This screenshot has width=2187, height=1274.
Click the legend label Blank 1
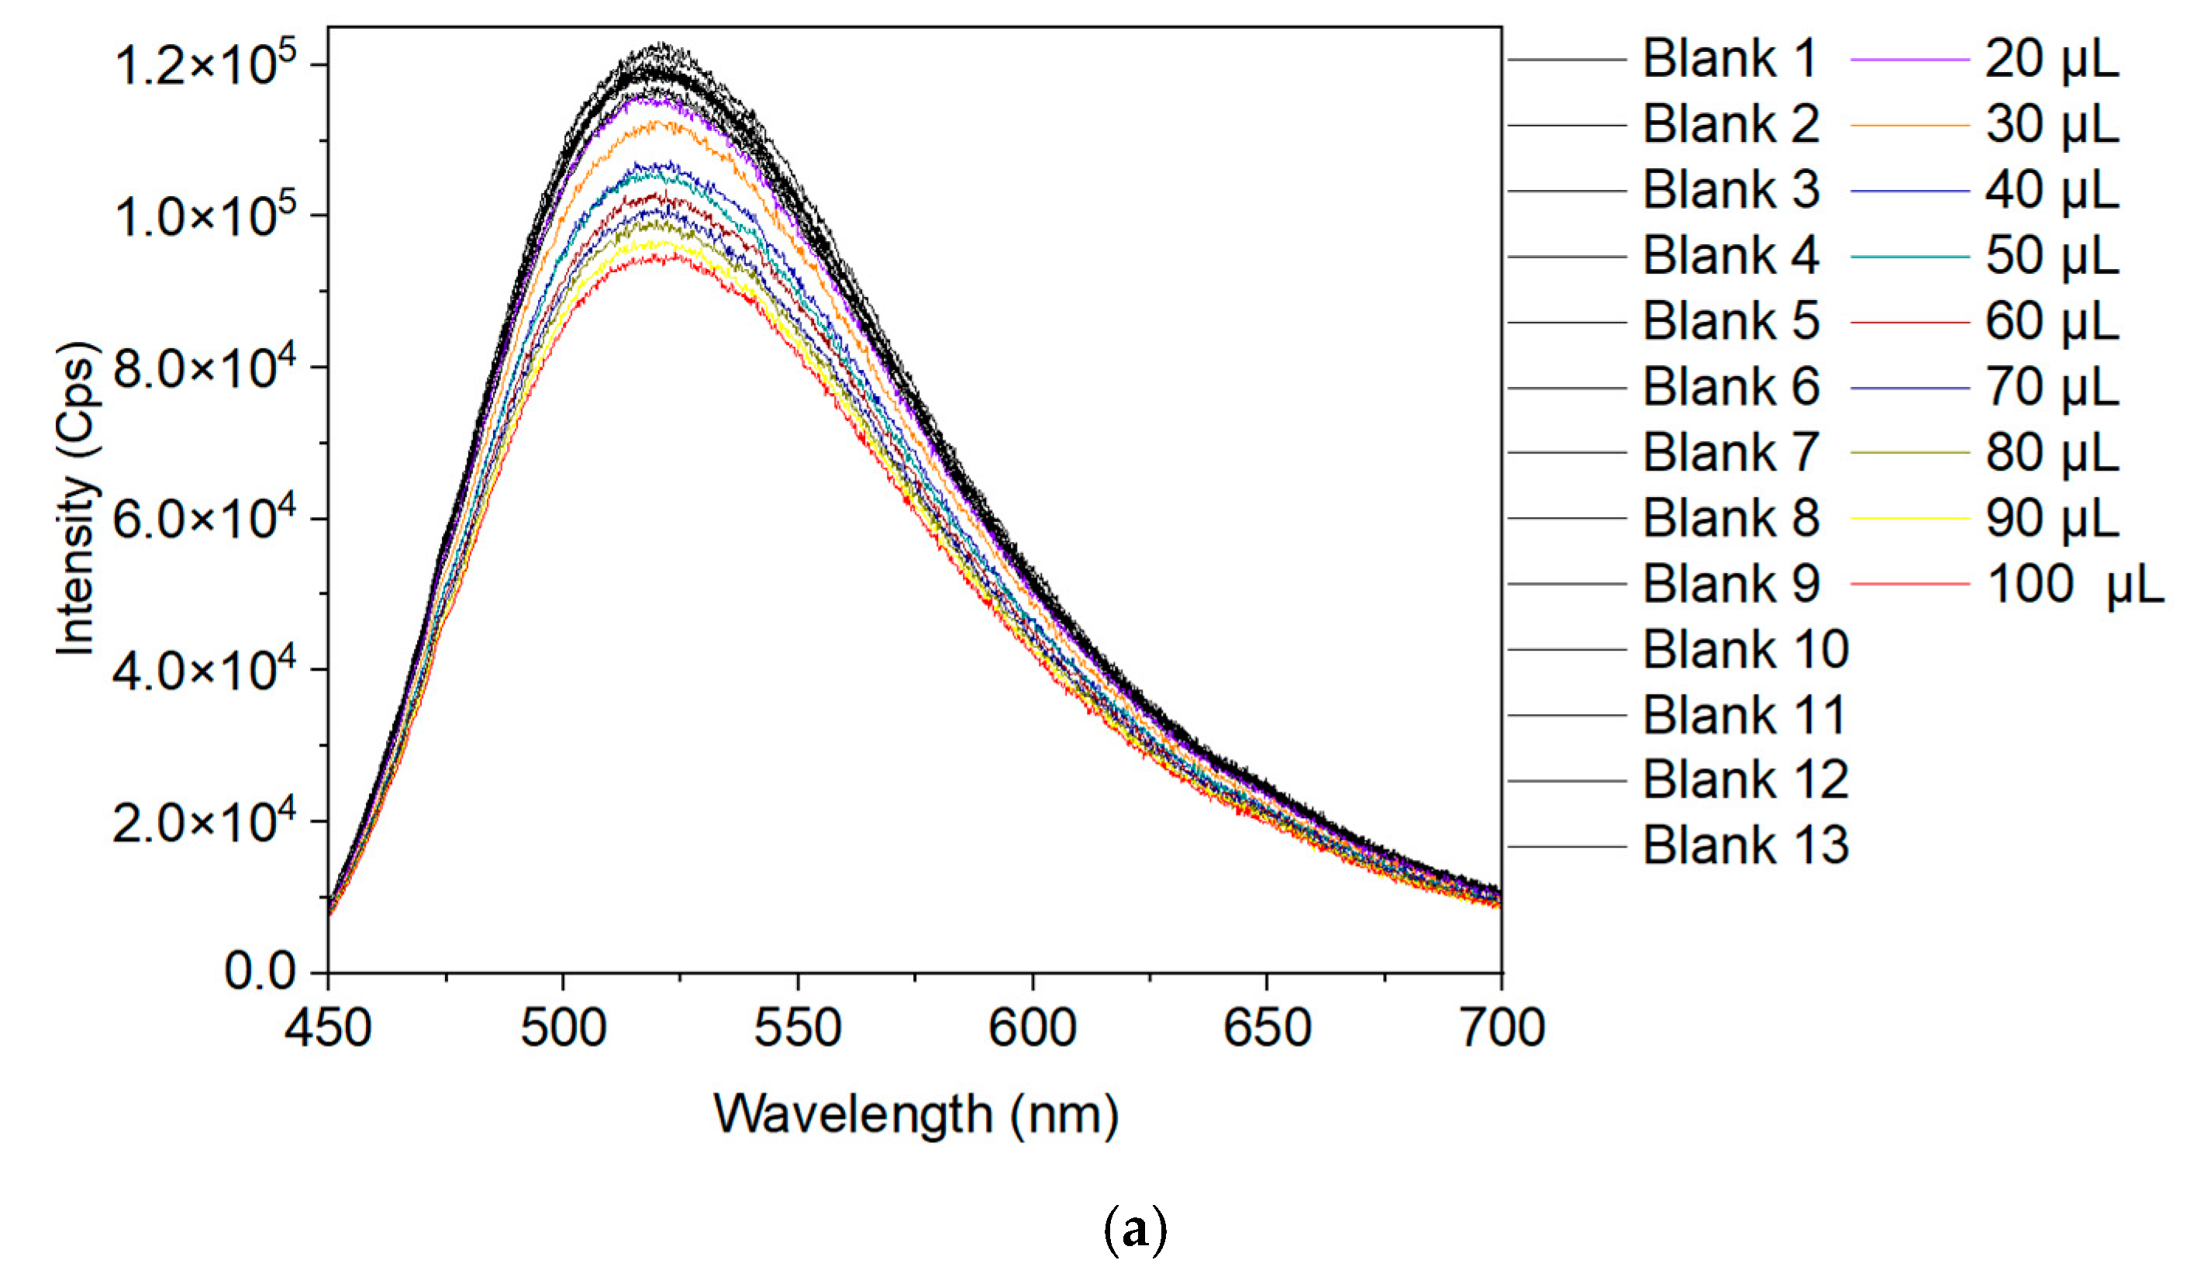point(1729,59)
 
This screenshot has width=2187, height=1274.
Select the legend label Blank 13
point(1745,845)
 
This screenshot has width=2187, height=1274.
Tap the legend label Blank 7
point(1730,452)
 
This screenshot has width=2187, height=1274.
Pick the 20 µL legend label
point(2051,59)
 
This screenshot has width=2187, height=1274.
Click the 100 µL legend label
point(2074,583)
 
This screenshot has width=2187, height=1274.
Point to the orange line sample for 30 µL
point(1909,125)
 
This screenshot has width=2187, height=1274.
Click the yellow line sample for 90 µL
point(1909,518)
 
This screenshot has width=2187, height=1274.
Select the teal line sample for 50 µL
point(1909,257)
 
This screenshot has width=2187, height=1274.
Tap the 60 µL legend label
point(2051,321)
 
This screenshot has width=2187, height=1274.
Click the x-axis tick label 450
point(328,1027)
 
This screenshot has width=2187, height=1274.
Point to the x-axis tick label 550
point(797,1027)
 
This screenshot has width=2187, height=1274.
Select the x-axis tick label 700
point(1502,1027)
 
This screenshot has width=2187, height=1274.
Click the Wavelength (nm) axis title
point(916,1114)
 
